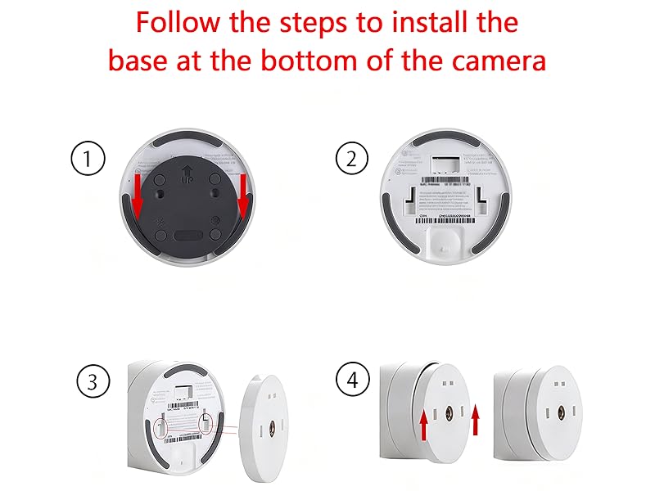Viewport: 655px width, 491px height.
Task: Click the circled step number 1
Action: click(x=88, y=158)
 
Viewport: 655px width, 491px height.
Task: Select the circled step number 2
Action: click(x=352, y=158)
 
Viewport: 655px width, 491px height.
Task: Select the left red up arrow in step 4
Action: click(x=422, y=426)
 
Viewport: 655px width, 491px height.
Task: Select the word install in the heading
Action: click(x=416, y=22)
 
